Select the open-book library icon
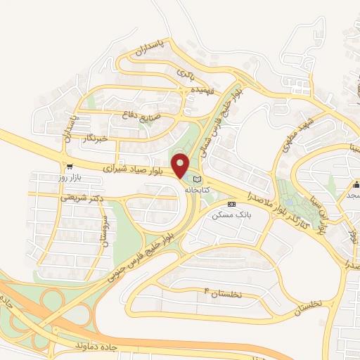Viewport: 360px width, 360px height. click(x=196, y=179)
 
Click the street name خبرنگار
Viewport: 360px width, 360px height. click(x=96, y=139)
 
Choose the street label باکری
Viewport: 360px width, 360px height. click(x=184, y=72)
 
